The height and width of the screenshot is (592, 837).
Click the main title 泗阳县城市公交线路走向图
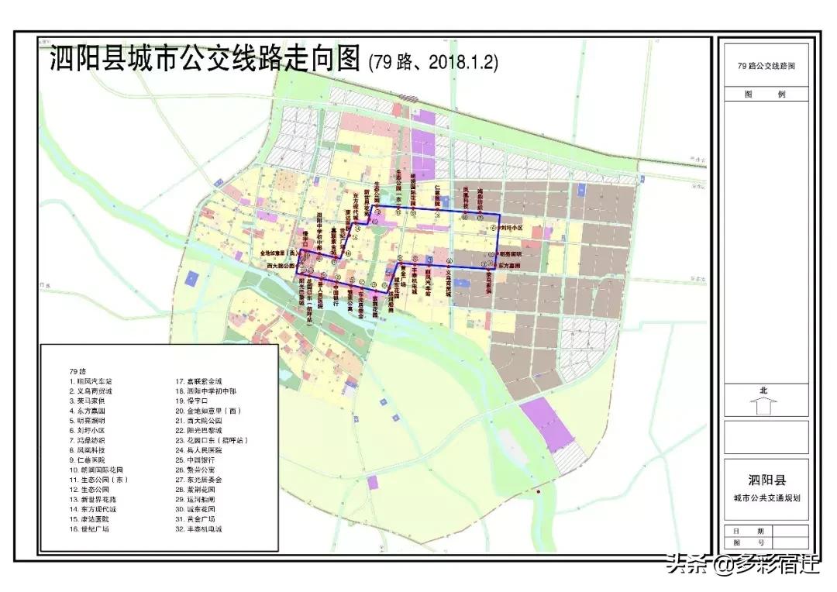point(205,59)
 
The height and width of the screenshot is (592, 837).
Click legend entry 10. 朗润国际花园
point(96,470)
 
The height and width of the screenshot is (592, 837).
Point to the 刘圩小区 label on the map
point(511,229)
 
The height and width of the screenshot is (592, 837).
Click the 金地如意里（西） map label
point(278,253)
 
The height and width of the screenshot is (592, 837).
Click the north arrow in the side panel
point(763,405)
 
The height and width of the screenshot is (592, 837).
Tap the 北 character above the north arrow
point(763,391)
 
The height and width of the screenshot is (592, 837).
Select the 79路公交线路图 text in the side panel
point(766,66)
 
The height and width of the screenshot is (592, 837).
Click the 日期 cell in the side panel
point(738,530)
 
